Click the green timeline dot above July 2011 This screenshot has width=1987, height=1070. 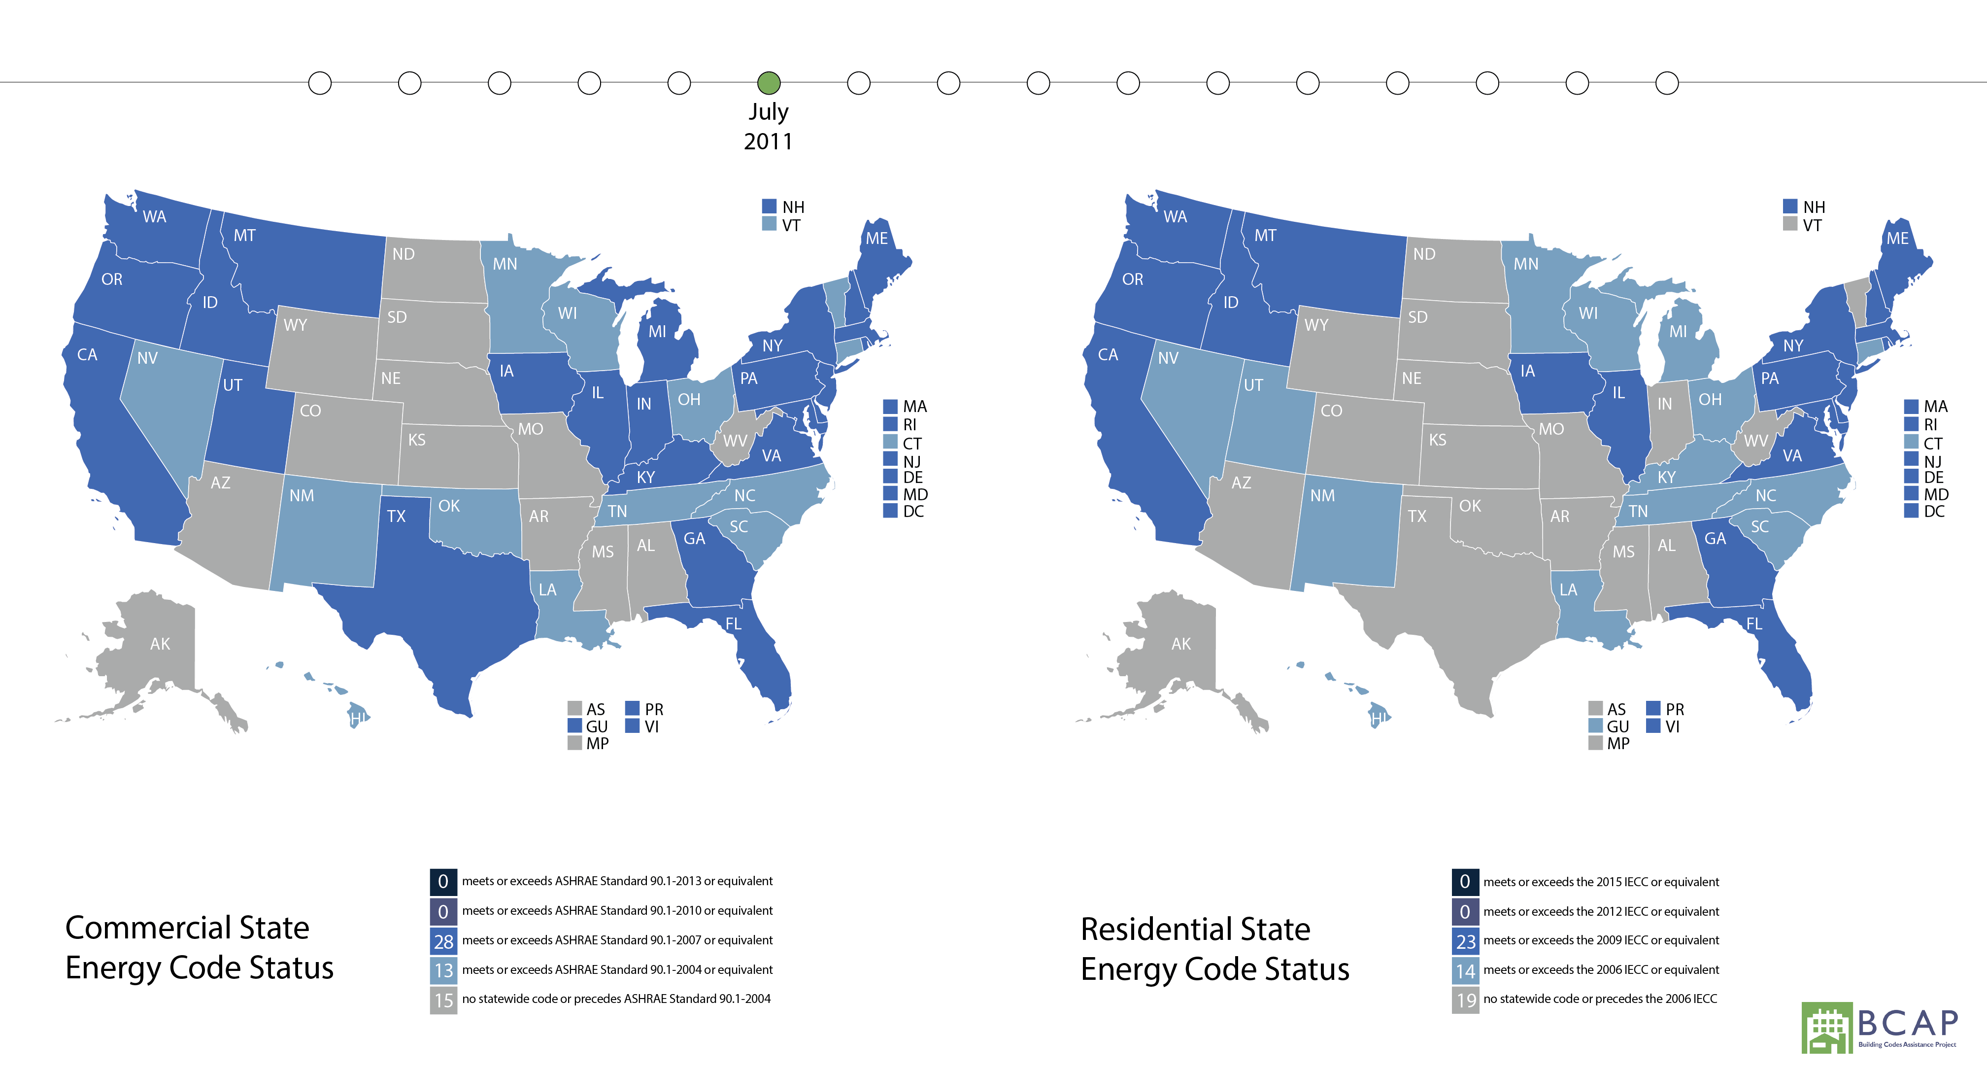(768, 82)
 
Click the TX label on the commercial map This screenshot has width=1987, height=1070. (396, 516)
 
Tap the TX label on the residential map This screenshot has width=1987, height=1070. (1417, 516)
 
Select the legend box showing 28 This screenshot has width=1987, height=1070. (443, 941)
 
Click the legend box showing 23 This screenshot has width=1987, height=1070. (1465, 941)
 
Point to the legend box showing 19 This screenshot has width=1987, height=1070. (1465, 1001)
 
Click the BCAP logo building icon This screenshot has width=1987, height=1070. (1826, 1028)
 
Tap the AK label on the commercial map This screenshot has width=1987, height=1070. (160, 643)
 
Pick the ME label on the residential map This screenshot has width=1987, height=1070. (1897, 239)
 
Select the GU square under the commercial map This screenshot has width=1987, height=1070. (574, 726)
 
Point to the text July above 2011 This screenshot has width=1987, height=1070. (768, 112)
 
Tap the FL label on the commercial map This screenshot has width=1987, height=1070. (733, 623)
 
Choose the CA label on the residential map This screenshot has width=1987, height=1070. (1108, 355)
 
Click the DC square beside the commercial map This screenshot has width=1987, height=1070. (890, 511)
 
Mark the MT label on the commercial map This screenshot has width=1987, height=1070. (244, 235)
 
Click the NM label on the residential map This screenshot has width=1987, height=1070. (1322, 495)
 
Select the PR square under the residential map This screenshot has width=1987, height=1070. (1653, 708)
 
